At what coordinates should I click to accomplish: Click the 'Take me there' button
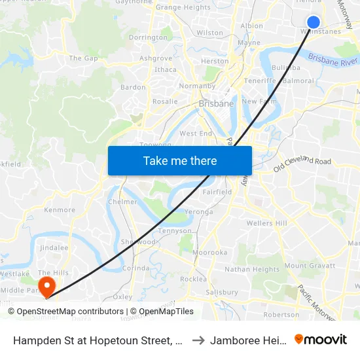[180, 160]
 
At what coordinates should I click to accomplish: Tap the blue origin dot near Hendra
[314, 22]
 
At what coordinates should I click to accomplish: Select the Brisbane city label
[215, 103]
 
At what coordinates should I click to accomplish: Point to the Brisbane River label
[333, 60]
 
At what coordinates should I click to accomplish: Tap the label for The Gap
[83, 58]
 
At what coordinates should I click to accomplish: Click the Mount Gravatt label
[310, 266]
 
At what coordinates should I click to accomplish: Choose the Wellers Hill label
[267, 223]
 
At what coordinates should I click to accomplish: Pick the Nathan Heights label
[252, 269]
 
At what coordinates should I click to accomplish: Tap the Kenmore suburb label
[60, 210]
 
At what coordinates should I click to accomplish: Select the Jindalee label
[54, 248]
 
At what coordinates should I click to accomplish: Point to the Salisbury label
[221, 292]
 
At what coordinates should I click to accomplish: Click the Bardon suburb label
[133, 87]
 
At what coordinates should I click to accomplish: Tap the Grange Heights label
[183, 7]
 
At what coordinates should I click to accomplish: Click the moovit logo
[321, 339]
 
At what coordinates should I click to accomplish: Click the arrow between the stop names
[198, 340]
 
